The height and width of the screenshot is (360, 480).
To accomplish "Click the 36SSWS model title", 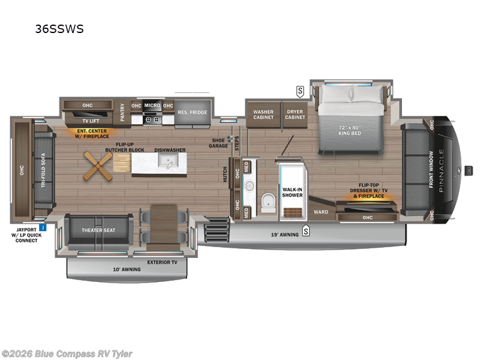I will point(59,28).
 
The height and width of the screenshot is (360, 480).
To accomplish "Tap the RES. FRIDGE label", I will point(191,112).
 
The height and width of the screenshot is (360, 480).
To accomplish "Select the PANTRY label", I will point(122,111).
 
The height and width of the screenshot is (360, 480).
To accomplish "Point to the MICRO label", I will point(152,106).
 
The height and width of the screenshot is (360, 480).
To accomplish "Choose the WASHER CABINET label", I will point(263,114).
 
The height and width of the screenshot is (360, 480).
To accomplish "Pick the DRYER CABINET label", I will point(295,114).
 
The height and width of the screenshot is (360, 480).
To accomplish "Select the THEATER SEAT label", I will point(99,230).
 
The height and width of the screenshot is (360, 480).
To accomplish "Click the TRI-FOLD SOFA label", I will point(43,169).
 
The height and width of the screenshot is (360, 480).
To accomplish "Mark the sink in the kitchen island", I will point(167,161).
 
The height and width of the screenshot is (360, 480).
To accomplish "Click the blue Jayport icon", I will point(43,227).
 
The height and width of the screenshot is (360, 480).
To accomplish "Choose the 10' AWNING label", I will point(127,269).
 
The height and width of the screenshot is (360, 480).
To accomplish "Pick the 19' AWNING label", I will point(283,233).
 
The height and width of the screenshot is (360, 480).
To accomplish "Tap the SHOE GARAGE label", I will point(218,143).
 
